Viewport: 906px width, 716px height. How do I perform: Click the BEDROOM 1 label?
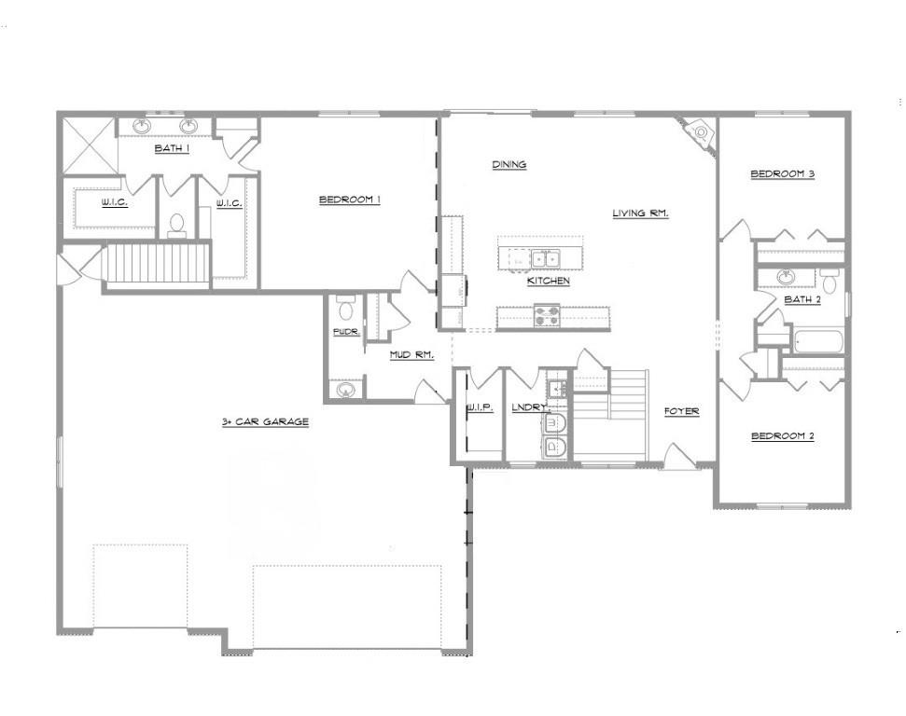[x=350, y=199]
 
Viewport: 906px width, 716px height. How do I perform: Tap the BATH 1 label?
[x=172, y=147]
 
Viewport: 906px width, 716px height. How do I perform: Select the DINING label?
[x=509, y=165]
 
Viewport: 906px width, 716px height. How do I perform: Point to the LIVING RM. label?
[x=641, y=213]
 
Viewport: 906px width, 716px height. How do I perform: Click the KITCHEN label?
[x=548, y=281]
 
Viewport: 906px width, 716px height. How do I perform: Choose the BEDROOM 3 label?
[x=783, y=173]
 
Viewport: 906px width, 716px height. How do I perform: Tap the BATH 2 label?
[x=802, y=299]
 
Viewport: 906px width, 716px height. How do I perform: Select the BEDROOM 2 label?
[x=783, y=435]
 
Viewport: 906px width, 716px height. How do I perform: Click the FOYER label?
[x=681, y=411]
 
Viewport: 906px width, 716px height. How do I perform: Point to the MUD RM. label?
[x=411, y=354]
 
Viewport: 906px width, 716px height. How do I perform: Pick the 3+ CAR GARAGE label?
[x=265, y=421]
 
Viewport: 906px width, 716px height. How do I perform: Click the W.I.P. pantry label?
[x=479, y=407]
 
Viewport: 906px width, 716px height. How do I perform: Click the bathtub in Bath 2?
[x=818, y=341]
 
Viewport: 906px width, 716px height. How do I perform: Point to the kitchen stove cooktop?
[x=546, y=317]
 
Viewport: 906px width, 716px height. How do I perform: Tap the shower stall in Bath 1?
[x=89, y=145]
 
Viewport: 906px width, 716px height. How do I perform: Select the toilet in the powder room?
[x=345, y=307]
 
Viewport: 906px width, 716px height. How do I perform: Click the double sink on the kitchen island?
[x=545, y=258]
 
